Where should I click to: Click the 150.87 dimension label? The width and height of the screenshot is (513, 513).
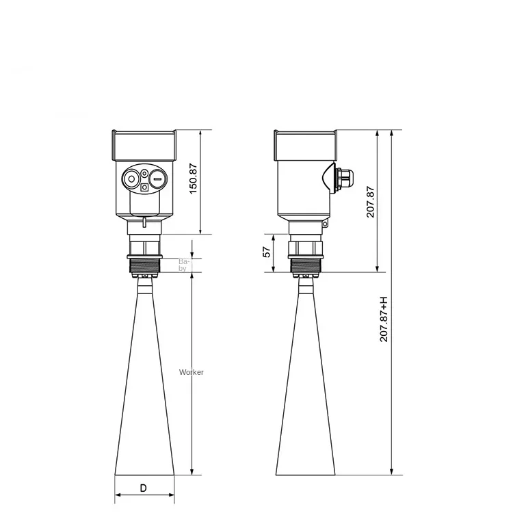tap(193, 177)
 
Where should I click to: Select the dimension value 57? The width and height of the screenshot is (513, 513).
tap(267, 252)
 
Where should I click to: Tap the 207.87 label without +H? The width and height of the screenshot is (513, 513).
tap(370, 202)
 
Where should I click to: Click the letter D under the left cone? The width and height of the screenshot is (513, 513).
tap(143, 488)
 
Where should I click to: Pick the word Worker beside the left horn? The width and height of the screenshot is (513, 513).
tap(191, 372)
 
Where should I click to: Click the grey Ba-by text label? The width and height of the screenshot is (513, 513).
tap(183, 265)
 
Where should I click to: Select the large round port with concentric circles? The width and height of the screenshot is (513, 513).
tap(130, 180)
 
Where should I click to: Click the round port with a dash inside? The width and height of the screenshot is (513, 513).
tap(157, 180)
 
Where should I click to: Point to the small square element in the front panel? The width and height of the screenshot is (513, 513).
tap(144, 187)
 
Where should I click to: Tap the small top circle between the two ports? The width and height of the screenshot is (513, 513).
tap(144, 173)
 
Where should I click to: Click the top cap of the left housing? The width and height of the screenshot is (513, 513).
tap(144, 144)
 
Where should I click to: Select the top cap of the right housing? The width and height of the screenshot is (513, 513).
tap(304, 144)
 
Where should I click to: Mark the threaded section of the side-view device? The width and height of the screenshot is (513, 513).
tap(304, 263)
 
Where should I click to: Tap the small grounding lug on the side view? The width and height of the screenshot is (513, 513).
tap(326, 224)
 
